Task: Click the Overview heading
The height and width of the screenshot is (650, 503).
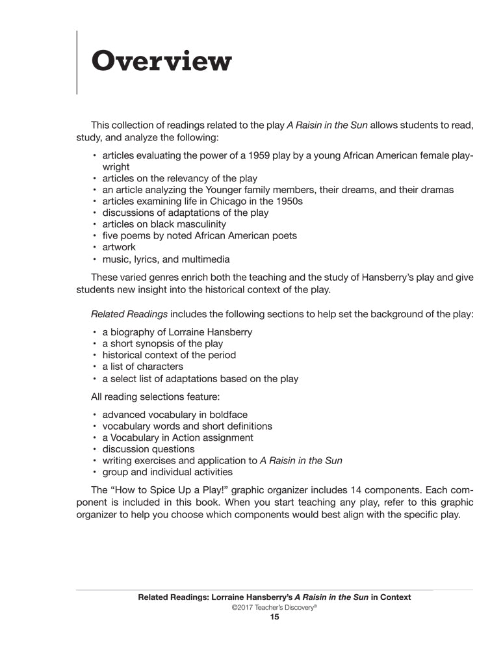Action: [161, 62]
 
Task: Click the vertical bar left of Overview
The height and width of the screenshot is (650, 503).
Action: [78, 62]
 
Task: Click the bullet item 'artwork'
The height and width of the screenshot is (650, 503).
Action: [119, 247]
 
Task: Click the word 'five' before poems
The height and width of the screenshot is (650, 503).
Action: [112, 236]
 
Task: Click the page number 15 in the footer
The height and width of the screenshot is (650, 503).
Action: [274, 617]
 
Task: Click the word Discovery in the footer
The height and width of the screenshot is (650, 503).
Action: [294, 607]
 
